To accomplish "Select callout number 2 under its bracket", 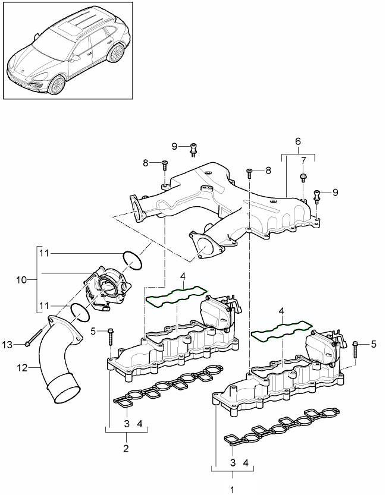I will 126,448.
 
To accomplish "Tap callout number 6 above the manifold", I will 298,141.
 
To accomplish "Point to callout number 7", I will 303,160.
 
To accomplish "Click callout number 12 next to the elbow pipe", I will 22,368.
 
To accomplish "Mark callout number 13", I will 7,345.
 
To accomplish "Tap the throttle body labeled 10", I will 107,288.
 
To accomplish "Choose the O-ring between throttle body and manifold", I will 131,259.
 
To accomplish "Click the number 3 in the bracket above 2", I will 127,424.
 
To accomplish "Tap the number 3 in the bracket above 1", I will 233,462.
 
